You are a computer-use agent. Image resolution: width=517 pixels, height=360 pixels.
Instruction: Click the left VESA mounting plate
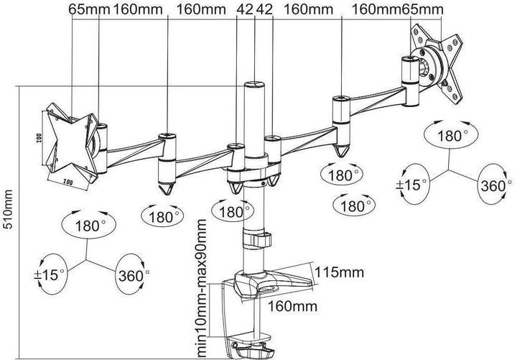pos(70,141)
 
